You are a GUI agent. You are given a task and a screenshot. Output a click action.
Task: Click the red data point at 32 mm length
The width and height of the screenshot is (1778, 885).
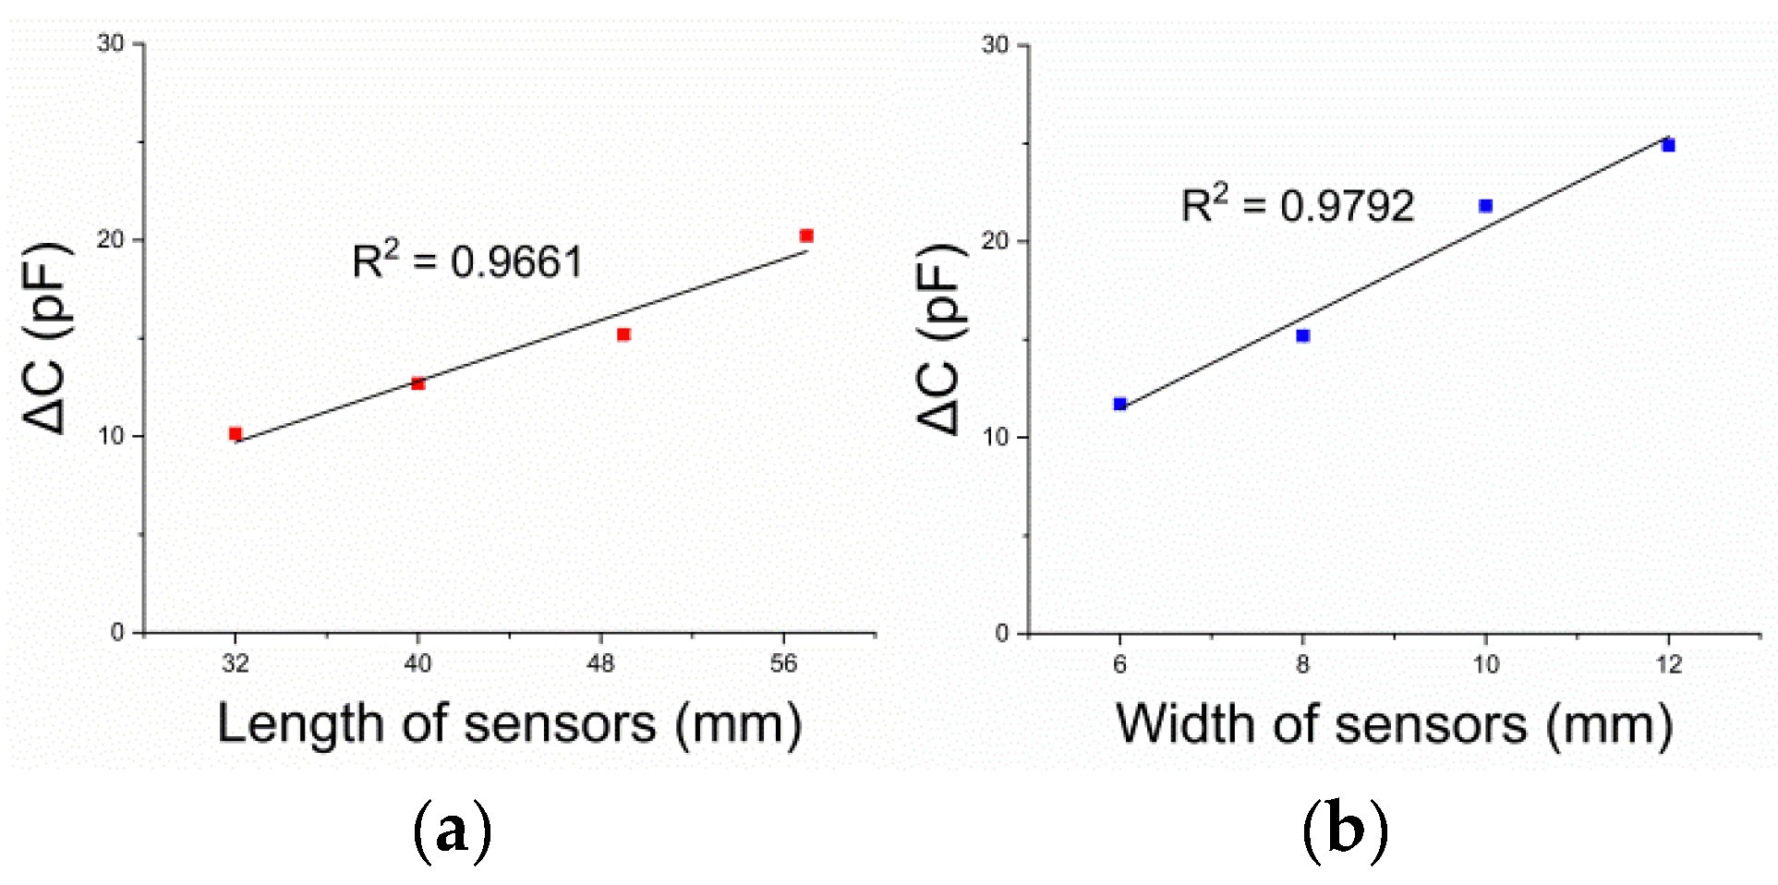236,433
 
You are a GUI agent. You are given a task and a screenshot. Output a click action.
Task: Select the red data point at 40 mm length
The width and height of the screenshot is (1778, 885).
417,383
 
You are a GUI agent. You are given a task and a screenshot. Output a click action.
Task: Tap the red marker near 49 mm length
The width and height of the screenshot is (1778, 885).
623,334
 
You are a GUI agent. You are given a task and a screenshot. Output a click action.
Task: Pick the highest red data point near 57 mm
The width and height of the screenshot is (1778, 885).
806,236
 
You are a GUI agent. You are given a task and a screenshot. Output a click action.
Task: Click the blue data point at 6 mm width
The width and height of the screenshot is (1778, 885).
1120,404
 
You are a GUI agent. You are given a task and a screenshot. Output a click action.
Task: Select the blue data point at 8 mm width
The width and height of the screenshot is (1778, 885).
1303,335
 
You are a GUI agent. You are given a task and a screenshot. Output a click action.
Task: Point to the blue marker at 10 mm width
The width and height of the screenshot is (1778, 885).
1485,206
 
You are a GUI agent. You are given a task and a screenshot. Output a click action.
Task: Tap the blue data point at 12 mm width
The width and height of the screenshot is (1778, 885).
1668,145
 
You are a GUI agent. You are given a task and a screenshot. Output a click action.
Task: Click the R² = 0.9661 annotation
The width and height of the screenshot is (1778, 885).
467,261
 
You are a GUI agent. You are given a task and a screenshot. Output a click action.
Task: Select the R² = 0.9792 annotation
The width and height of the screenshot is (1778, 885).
1298,205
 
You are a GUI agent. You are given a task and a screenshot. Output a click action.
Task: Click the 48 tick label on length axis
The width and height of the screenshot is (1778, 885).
600,664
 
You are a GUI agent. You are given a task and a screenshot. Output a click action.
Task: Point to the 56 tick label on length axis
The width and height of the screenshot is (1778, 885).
783,664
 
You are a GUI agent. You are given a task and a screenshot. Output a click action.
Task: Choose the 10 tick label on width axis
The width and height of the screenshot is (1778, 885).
1485,664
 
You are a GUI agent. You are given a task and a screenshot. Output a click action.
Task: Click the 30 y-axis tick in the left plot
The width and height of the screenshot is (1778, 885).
111,43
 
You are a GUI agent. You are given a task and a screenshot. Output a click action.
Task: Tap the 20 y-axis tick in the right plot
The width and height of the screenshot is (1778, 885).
995,240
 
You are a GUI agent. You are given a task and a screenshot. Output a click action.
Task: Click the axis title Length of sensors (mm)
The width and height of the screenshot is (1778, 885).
509,723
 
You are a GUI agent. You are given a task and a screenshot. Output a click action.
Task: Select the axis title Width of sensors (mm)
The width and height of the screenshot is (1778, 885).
1394,723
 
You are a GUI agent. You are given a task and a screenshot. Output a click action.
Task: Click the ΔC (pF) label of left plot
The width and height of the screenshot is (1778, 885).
46,337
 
